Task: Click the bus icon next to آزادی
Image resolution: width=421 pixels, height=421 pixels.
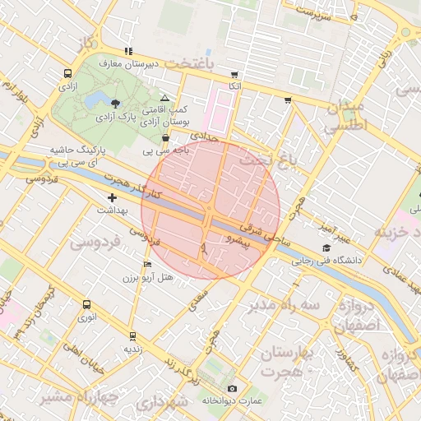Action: [x=65, y=73]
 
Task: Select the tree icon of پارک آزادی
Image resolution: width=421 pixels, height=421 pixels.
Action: [x=114, y=104]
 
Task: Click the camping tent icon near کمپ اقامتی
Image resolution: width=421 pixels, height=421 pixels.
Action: [x=164, y=97]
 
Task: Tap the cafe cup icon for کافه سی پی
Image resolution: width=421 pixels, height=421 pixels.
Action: [x=167, y=139]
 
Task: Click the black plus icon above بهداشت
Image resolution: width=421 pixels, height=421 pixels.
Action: [x=113, y=197]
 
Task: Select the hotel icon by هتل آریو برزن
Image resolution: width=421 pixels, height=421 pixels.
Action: [x=147, y=265]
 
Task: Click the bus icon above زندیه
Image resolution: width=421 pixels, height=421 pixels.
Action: [x=132, y=335]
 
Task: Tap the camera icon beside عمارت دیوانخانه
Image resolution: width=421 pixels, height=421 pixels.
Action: [x=232, y=388]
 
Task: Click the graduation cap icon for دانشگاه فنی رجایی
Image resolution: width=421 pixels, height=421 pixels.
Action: [x=326, y=248]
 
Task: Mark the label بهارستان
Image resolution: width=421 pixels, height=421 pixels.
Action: [x=286, y=354]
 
